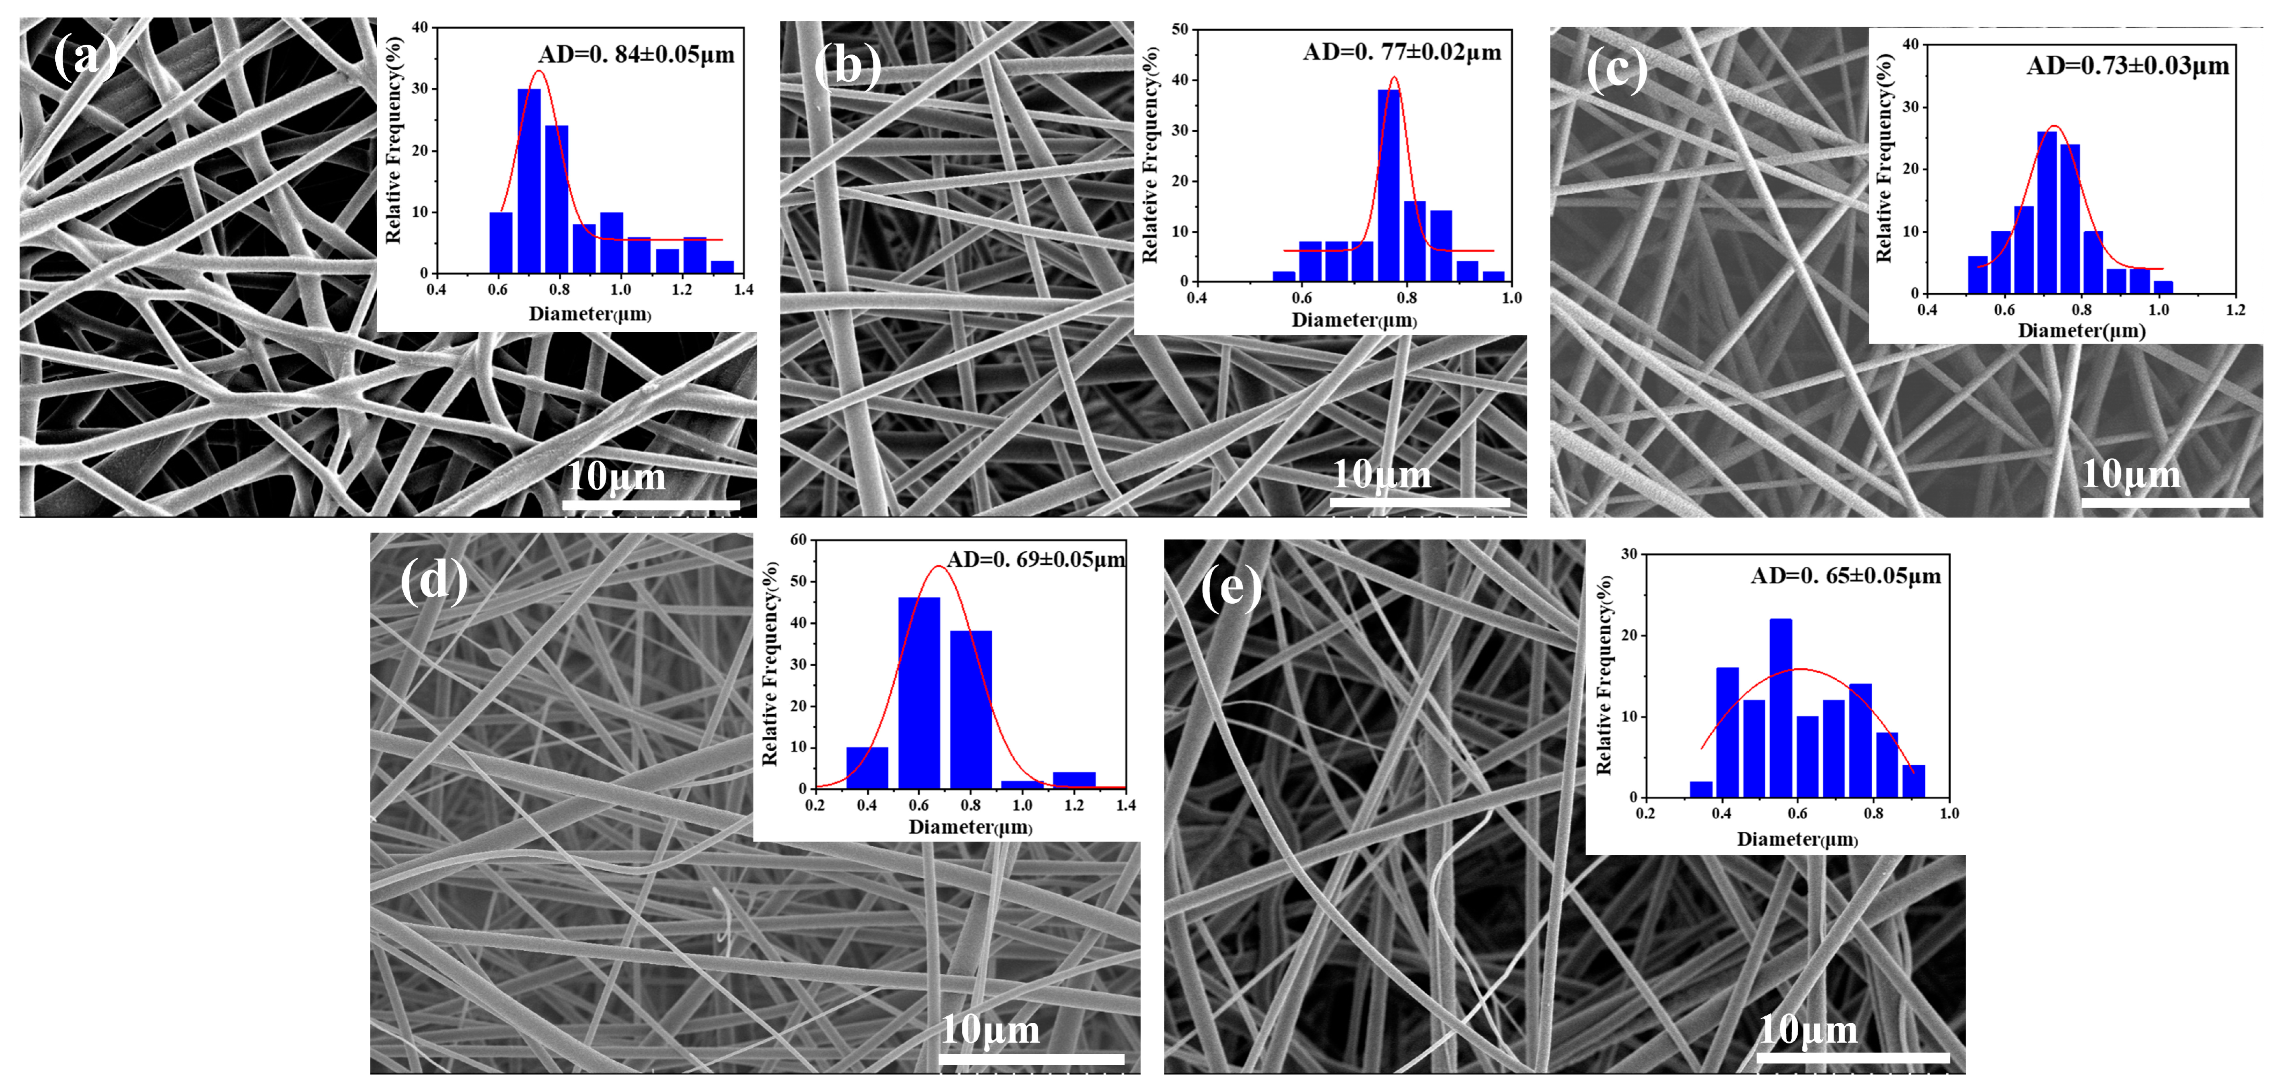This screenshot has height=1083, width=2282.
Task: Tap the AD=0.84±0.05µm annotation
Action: pos(636,55)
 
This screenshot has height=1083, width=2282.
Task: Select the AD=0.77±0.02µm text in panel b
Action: pos(1402,52)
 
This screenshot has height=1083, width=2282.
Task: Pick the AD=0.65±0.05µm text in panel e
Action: pos(1845,576)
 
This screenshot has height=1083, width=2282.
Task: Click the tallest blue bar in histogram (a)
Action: pos(529,182)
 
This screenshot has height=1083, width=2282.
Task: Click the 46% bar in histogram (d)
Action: pos(919,693)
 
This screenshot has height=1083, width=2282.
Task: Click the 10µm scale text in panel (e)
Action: pos(1807,1030)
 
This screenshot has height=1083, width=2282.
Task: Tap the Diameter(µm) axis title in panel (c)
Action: pos(2081,331)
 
